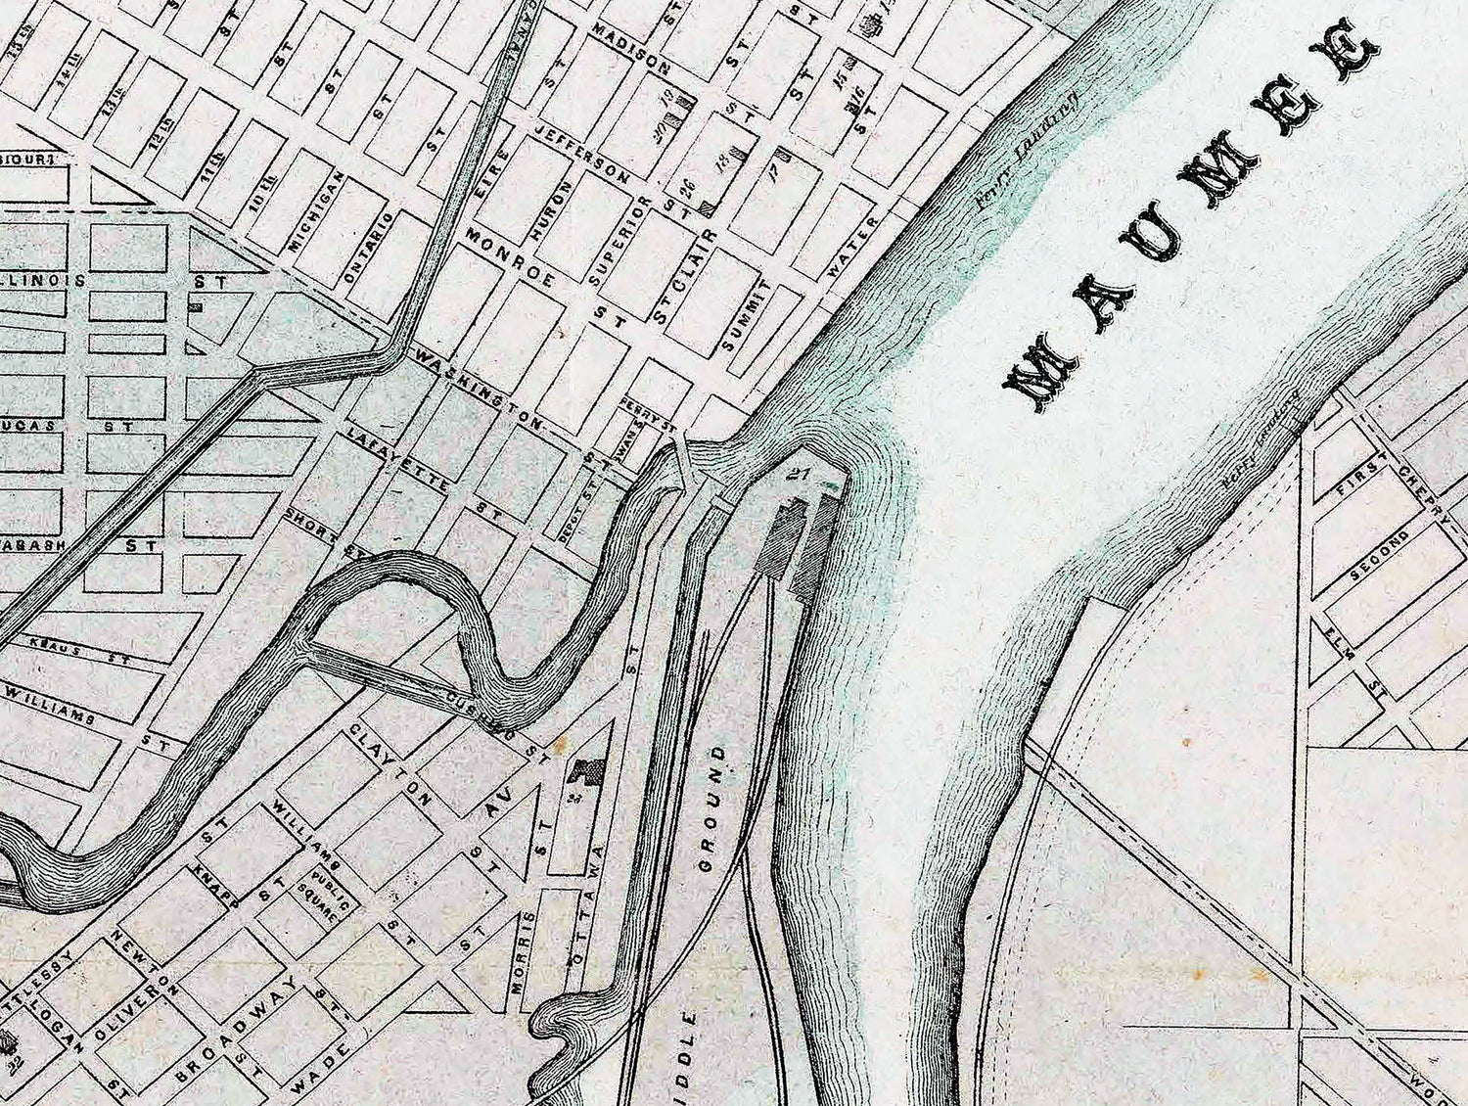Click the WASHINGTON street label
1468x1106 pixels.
(479, 389)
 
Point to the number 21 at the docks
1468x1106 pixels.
(801, 475)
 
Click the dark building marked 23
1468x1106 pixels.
(584, 773)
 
